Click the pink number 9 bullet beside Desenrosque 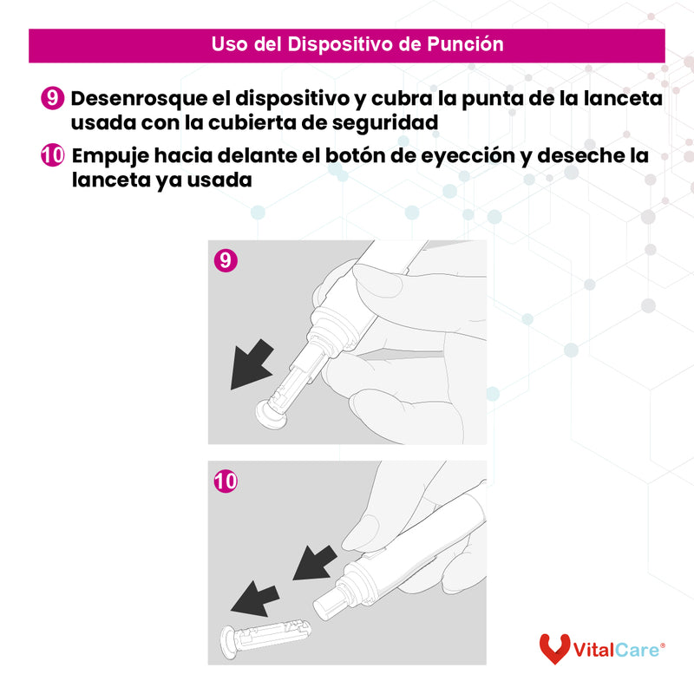point(52,99)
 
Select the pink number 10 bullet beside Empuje point(53,156)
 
